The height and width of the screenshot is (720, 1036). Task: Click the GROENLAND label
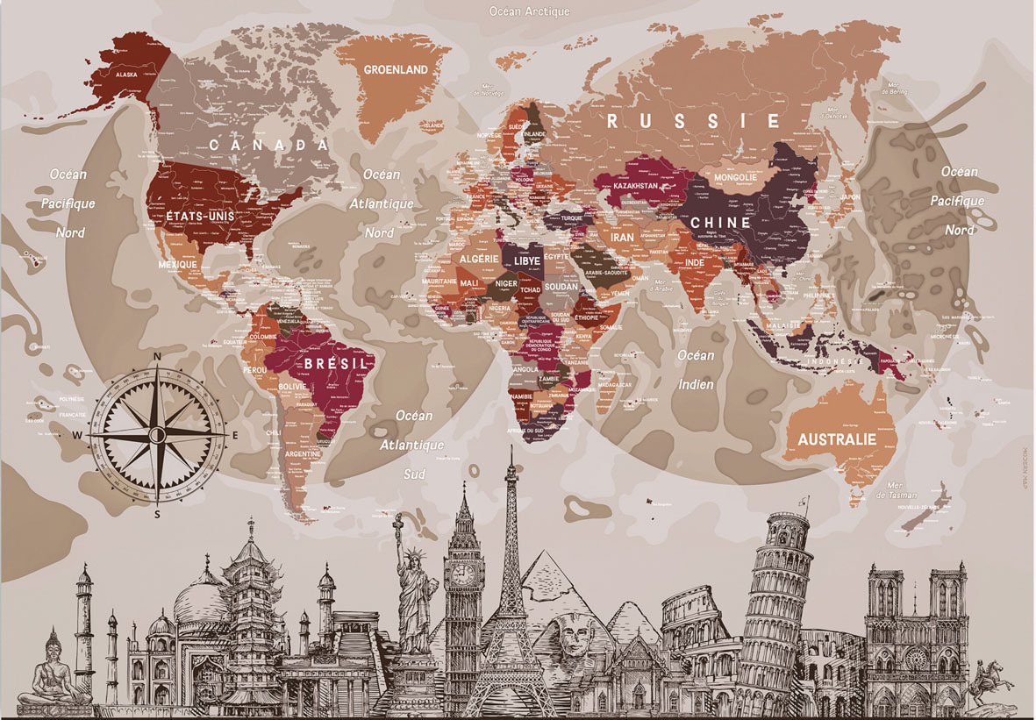(396, 69)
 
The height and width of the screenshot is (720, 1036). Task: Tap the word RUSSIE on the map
(694, 121)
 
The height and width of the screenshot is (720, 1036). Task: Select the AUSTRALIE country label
(836, 439)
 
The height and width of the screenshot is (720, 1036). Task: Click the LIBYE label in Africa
(527, 260)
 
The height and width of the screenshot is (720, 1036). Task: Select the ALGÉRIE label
(479, 260)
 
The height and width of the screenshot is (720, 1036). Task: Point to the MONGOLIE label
(735, 177)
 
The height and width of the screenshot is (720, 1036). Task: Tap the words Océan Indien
(695, 369)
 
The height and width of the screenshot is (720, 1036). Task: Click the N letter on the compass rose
(157, 357)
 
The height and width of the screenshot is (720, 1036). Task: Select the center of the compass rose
(157, 434)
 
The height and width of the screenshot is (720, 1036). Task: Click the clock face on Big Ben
(462, 574)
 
